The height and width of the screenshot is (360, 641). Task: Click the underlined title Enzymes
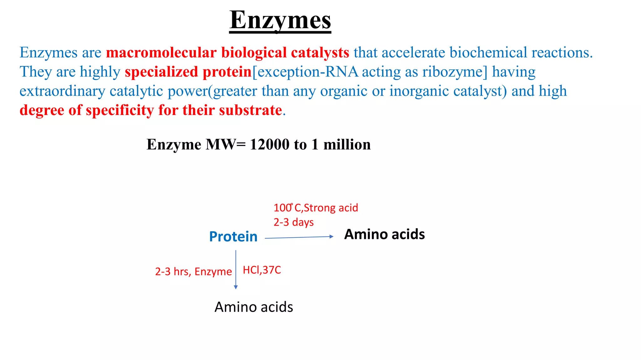(x=280, y=20)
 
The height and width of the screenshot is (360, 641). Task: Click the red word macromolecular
(x=161, y=52)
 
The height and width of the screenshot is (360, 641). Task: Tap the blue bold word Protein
(x=233, y=237)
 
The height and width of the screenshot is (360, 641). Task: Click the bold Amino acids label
(x=384, y=234)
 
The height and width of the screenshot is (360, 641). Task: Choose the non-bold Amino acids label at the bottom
(x=254, y=307)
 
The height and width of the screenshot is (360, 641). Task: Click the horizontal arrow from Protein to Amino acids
(x=299, y=237)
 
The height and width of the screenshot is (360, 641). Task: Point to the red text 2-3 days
(x=294, y=222)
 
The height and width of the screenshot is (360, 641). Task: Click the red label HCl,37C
(x=262, y=270)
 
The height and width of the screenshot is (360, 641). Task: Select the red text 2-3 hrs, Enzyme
(x=193, y=272)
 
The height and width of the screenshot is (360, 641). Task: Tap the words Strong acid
(x=331, y=208)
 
